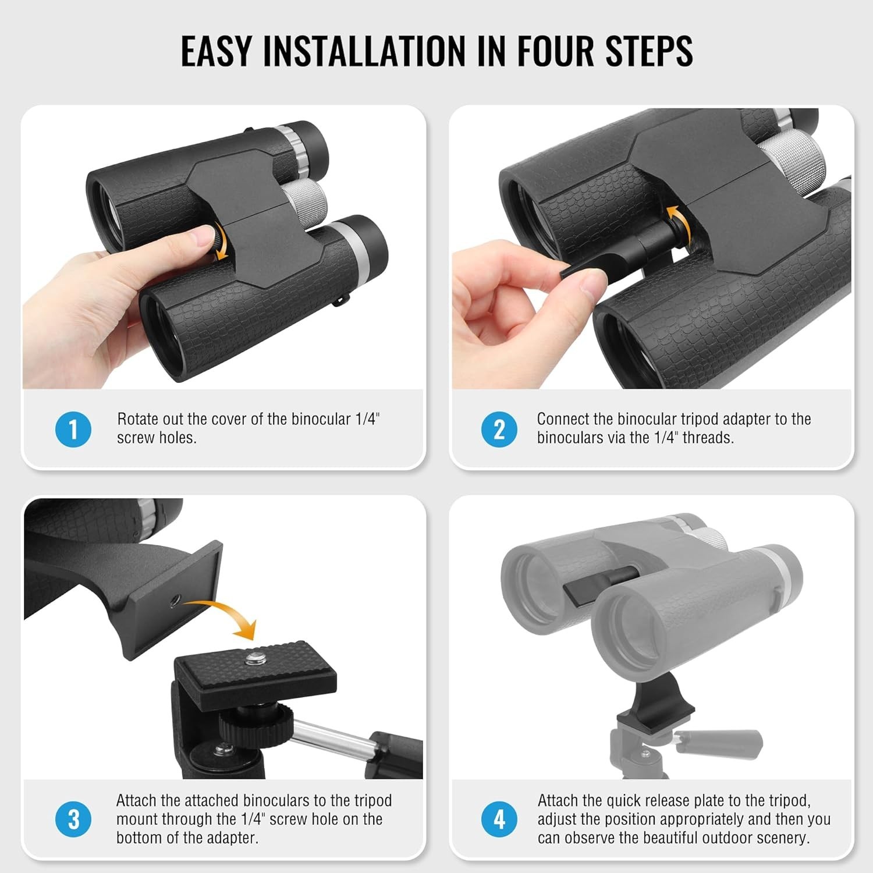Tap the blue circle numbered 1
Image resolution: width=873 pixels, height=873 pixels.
tap(73, 430)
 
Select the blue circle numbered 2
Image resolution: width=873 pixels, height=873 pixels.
tap(499, 430)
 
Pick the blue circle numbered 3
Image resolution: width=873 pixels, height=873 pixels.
tap(73, 819)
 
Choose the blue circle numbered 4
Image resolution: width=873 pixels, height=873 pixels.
tap(499, 819)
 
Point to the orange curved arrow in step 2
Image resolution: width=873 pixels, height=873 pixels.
tap(681, 224)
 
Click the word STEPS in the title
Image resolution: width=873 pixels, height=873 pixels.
tap(648, 51)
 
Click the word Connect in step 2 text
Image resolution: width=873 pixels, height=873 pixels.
tap(562, 419)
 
